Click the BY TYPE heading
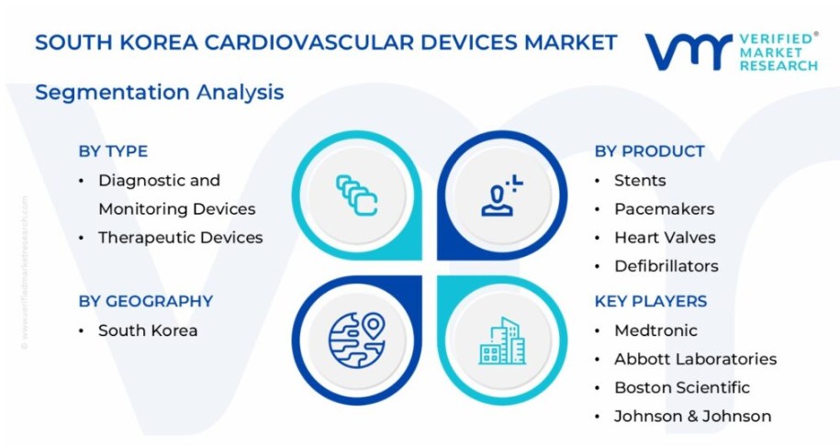(x=113, y=151)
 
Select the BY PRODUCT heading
(x=649, y=151)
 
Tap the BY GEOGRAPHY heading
(x=146, y=301)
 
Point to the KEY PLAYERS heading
(x=650, y=301)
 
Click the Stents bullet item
(x=640, y=181)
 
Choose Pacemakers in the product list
(x=665, y=209)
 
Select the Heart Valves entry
(x=665, y=237)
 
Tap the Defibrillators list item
(x=666, y=266)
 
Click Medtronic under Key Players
(x=655, y=330)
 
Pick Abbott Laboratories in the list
(x=695, y=359)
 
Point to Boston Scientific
(x=682, y=387)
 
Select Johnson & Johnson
(x=693, y=416)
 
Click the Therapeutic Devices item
(x=181, y=237)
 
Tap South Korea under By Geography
(x=148, y=330)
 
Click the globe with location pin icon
(x=357, y=340)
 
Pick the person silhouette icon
(x=502, y=195)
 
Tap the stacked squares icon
(x=357, y=195)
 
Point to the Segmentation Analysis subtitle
(x=159, y=92)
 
